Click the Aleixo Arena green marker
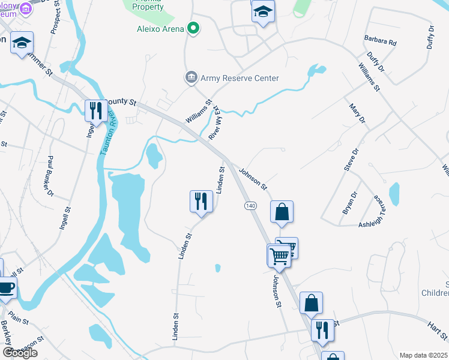[x=193, y=28]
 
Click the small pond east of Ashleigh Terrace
[x=394, y=194]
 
